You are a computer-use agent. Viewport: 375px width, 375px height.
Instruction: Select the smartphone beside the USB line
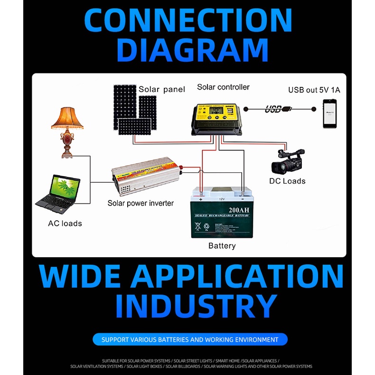tap(330, 113)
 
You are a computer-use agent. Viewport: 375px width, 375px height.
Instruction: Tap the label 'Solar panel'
tap(161, 89)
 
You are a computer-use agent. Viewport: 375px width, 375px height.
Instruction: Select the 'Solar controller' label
tap(223, 87)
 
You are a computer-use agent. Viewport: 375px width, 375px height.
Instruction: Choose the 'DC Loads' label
tap(287, 181)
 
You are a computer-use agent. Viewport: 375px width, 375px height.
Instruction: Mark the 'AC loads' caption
tap(65, 223)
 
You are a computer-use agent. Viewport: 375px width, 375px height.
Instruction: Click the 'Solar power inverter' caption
tap(141, 203)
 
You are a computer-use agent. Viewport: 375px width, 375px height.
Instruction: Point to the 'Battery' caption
tap(222, 246)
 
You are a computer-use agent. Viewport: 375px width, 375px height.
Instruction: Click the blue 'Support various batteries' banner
tap(190, 339)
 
